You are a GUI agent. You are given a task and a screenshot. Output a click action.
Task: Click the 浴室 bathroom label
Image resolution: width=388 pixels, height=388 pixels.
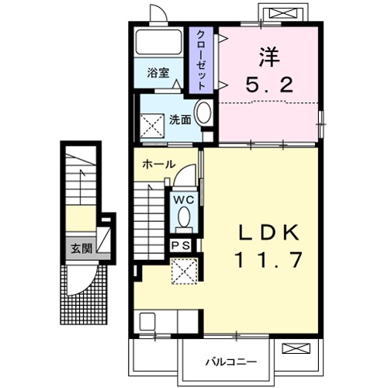(158, 73)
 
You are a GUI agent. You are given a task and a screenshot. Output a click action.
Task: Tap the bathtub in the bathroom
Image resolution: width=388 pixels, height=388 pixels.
(159, 43)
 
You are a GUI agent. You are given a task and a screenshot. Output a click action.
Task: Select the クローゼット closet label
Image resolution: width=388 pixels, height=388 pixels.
(201, 61)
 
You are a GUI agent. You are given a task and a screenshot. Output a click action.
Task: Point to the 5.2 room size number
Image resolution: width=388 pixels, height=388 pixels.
(269, 85)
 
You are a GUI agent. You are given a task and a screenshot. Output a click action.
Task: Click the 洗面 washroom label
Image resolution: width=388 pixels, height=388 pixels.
(180, 120)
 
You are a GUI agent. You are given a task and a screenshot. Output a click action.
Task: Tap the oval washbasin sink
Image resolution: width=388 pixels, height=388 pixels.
(203, 113)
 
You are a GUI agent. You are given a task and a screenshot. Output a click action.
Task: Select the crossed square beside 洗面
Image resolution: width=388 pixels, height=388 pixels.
(152, 126)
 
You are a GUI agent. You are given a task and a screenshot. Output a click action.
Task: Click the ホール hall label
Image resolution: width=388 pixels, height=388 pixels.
(159, 165)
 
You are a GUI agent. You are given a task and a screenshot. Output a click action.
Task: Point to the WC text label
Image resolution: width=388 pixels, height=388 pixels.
(184, 199)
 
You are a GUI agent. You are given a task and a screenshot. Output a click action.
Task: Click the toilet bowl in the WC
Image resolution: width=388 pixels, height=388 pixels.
(184, 217)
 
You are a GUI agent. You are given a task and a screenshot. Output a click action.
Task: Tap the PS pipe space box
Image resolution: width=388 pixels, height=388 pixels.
(181, 245)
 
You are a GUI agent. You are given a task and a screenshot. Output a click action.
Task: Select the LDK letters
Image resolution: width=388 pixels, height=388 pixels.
(268, 232)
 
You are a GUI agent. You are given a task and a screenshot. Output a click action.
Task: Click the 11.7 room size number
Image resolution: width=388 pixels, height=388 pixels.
(268, 259)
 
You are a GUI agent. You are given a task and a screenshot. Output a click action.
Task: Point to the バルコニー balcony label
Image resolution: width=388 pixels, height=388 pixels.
(231, 362)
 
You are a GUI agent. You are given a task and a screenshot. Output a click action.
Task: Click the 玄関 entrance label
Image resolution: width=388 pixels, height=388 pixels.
(81, 248)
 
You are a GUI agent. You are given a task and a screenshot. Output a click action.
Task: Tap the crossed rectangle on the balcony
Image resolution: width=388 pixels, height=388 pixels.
(296, 348)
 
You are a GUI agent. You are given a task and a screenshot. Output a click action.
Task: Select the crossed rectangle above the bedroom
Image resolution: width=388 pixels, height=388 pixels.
(283, 13)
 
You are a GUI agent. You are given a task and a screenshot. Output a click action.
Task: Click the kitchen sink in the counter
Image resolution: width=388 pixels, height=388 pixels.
(147, 321)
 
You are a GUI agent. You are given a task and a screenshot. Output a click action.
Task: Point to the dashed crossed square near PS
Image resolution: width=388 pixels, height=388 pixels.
(185, 272)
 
